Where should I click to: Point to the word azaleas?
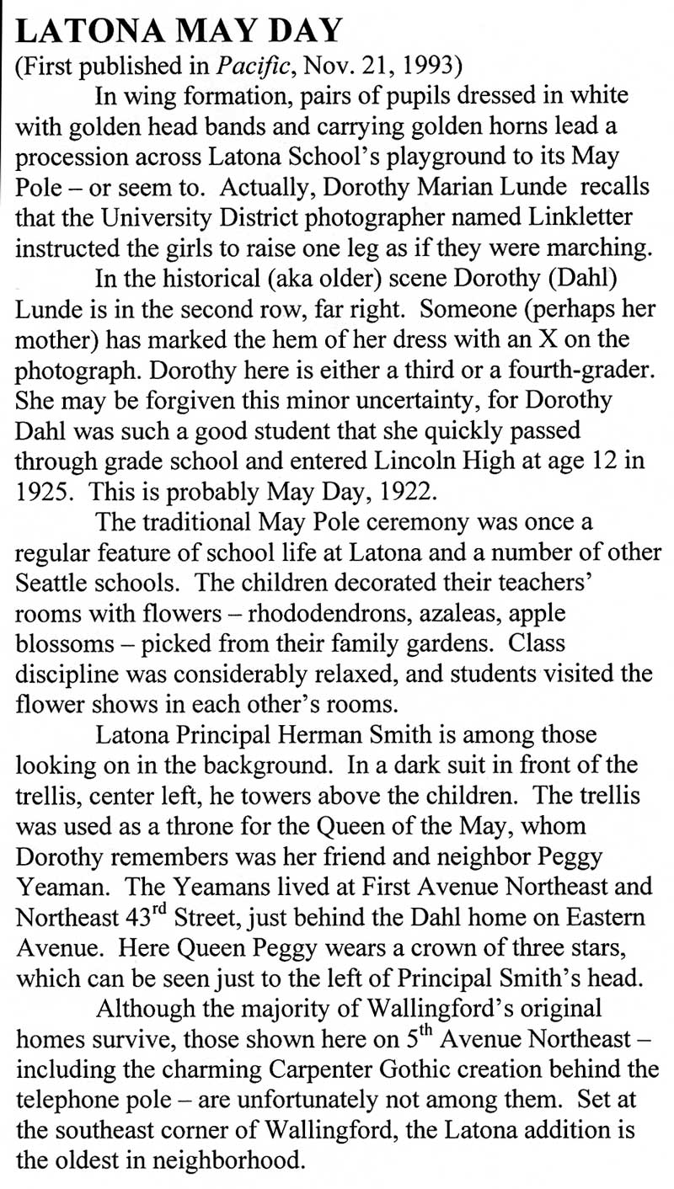(x=457, y=614)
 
